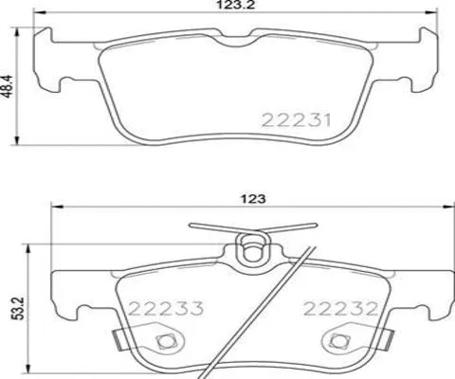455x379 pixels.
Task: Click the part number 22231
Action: [x=294, y=119]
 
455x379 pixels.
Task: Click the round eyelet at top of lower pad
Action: [x=250, y=250]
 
